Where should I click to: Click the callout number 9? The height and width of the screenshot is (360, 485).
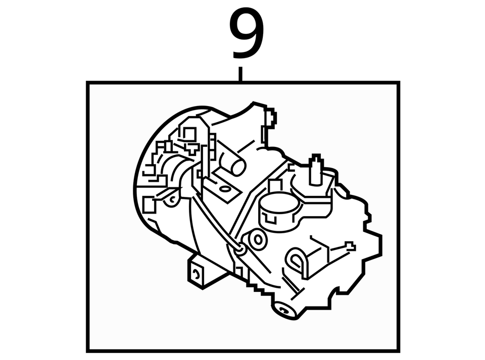[x=248, y=34]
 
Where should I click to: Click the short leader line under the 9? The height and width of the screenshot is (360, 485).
[x=240, y=74]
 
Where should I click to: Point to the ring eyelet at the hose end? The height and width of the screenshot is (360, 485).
[x=240, y=247]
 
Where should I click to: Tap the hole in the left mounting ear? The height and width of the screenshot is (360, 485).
[x=172, y=200]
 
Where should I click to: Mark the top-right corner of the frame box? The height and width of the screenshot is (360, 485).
[x=399, y=82]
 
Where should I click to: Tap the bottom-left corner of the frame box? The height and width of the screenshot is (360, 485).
[x=88, y=350]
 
